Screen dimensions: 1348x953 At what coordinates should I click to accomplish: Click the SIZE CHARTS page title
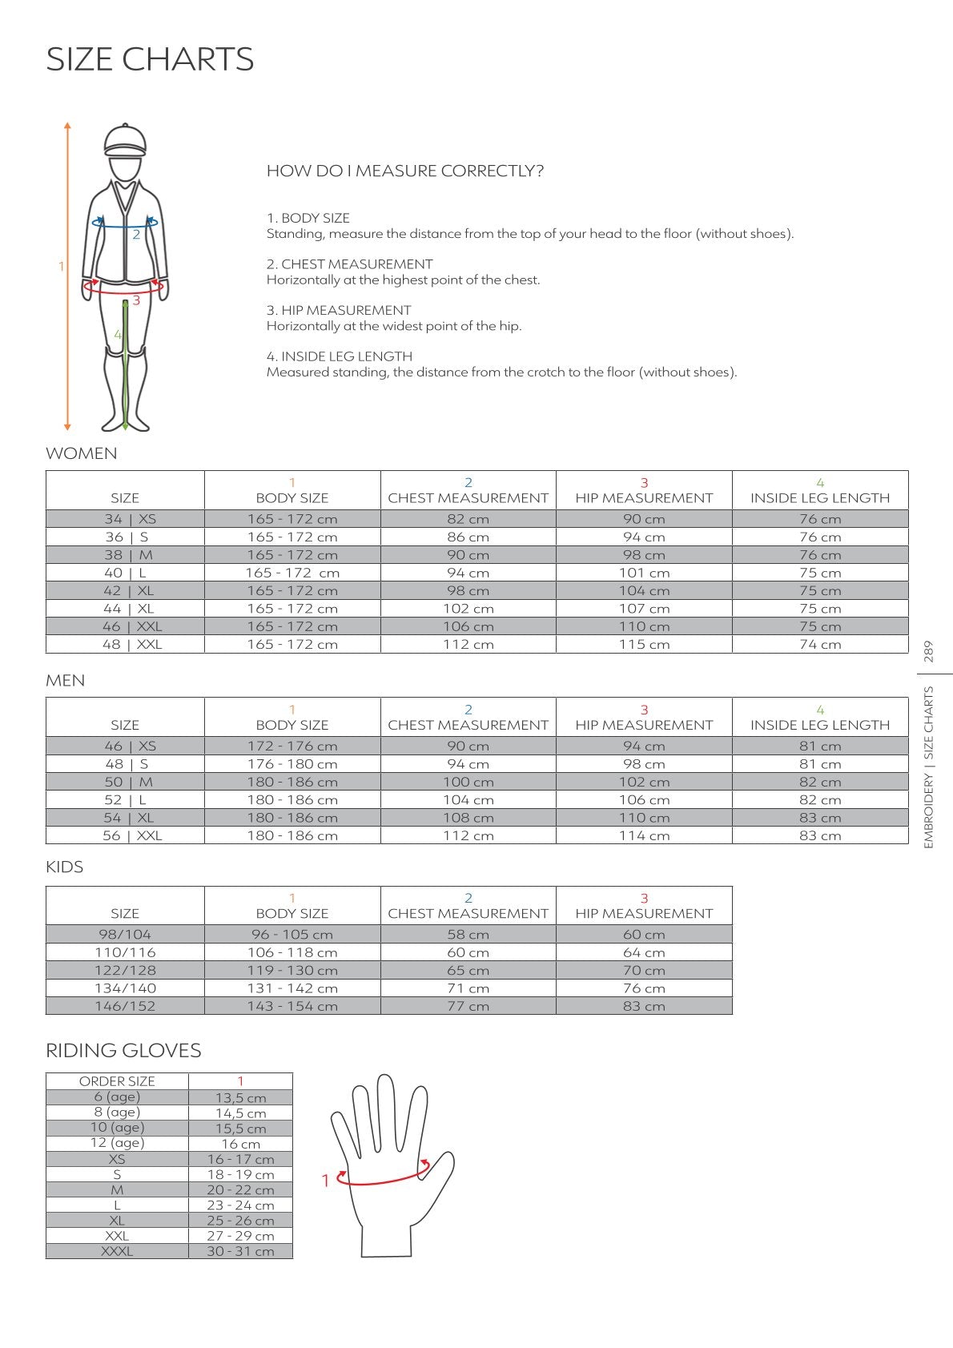point(150,59)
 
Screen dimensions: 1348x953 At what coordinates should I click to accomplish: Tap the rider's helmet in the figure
point(126,141)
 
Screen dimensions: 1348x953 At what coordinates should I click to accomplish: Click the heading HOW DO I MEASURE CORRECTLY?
point(404,171)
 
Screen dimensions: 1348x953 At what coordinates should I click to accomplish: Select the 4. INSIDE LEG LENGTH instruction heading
point(339,356)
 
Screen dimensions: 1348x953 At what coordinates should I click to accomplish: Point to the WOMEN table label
point(81,453)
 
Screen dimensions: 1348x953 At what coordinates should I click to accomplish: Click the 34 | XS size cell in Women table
point(125,519)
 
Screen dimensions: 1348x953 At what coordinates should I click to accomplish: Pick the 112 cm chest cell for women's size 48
point(468,644)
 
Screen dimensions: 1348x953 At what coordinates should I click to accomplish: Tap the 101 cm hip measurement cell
point(644,573)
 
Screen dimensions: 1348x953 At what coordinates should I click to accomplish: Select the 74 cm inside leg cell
point(820,644)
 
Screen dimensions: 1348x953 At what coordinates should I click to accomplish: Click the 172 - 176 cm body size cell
point(292,746)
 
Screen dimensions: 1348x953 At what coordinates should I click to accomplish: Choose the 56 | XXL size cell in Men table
point(125,835)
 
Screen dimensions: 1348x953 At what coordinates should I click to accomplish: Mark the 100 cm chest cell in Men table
point(468,782)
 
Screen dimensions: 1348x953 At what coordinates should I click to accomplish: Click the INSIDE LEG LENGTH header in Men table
point(820,725)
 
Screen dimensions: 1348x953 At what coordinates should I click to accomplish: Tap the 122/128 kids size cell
point(125,970)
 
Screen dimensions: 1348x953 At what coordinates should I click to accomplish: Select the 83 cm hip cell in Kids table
point(644,1006)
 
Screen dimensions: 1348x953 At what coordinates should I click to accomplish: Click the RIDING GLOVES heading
point(123,1050)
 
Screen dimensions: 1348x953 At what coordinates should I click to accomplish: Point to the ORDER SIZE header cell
point(117,1081)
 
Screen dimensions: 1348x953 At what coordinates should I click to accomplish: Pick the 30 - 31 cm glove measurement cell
point(240,1251)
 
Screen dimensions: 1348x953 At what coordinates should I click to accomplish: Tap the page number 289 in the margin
point(929,650)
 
